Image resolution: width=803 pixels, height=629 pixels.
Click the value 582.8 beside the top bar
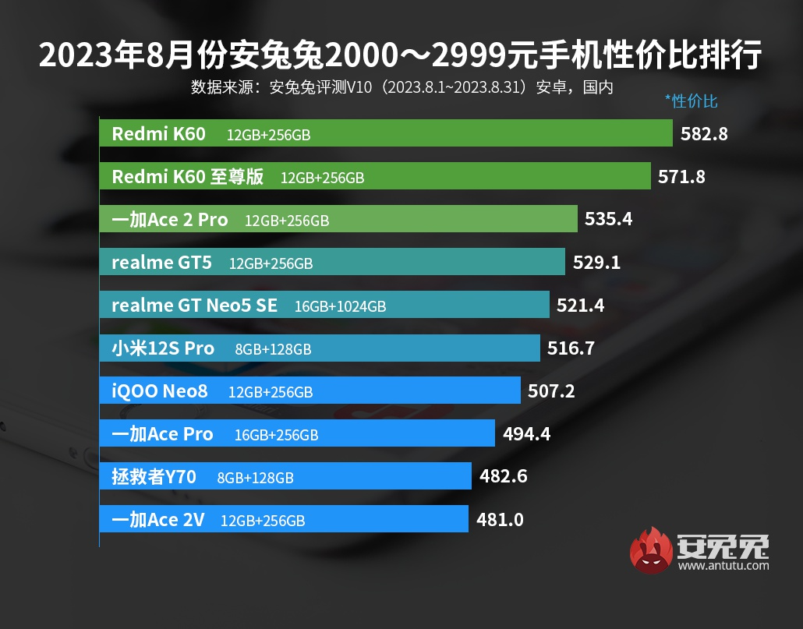704,134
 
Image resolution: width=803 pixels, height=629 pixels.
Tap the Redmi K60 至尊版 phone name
188,177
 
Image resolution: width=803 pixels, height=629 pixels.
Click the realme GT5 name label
161,263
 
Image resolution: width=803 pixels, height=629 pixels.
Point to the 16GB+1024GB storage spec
340,306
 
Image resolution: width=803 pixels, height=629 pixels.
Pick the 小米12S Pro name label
163,348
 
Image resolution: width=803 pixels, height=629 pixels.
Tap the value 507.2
550,391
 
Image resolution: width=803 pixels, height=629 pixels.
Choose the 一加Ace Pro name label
162,434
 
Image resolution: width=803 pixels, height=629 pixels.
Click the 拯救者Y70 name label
154,476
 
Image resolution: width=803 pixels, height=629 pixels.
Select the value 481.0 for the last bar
499,519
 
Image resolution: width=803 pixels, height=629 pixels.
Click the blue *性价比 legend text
691,101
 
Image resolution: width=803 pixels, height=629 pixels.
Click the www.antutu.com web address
723,566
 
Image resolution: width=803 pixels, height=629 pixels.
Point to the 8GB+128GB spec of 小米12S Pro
273,350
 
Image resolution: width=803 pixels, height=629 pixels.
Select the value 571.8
681,177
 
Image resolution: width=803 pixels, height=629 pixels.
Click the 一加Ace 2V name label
158,519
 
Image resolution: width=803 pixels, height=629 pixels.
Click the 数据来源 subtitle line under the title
401,87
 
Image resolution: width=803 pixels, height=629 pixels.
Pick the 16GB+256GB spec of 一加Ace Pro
276,436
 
